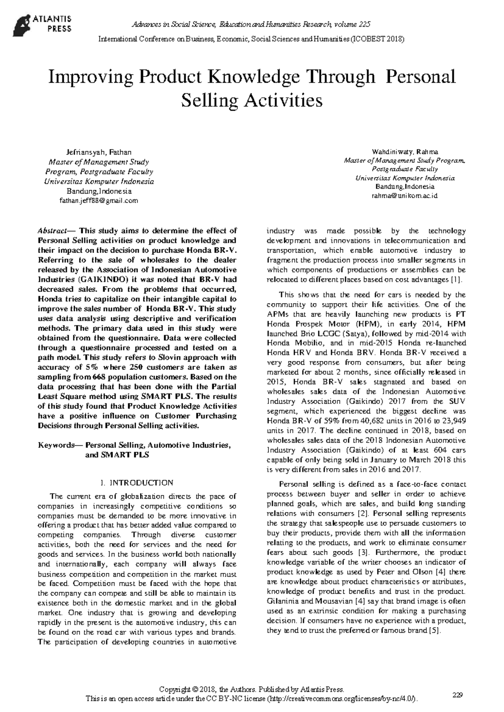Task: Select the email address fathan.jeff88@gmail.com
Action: (99, 201)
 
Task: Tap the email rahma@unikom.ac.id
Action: (405, 196)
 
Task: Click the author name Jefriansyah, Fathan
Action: (99, 152)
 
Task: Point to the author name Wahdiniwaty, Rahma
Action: (405, 152)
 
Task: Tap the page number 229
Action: (457, 695)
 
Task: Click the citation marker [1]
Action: (457, 280)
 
